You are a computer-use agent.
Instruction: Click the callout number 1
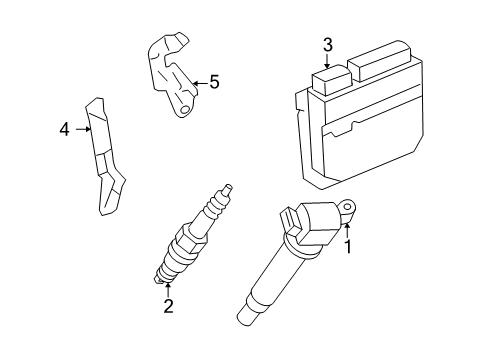(348, 244)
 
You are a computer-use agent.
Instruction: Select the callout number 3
(327, 44)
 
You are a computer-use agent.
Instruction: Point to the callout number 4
(65, 129)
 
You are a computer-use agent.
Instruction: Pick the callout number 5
(213, 83)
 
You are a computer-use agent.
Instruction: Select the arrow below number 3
(327, 62)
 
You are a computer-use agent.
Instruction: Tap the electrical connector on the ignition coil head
(292, 221)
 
